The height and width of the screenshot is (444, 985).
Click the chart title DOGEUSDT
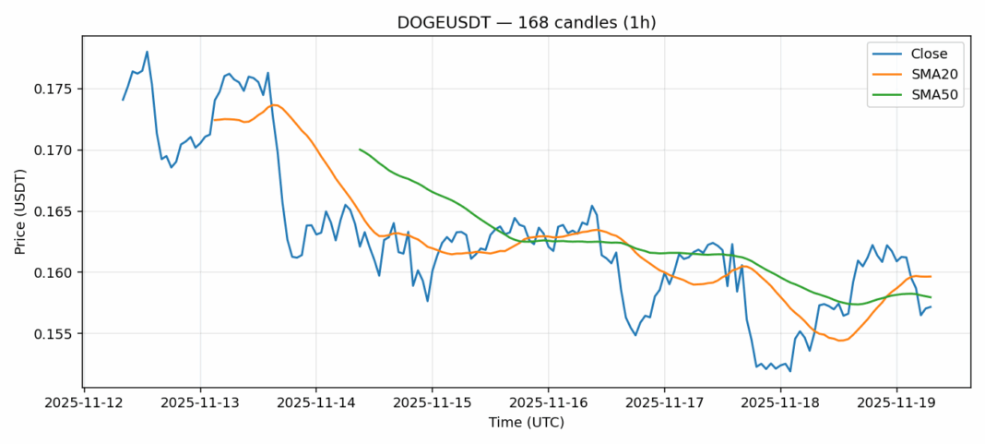coord(527,22)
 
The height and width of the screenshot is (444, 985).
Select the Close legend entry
coord(922,54)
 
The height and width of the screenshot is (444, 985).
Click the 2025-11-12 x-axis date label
coord(84,402)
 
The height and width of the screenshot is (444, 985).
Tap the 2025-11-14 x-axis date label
coord(315,402)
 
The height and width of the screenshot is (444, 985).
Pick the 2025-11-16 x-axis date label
coord(548,402)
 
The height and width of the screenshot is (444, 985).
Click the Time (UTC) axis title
coord(527,422)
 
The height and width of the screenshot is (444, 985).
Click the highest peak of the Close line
coord(148,52)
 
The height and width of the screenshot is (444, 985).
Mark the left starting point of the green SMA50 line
coord(360,149)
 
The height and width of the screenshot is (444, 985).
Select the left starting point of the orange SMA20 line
coord(215,120)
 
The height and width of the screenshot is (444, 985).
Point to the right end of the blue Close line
coord(931,306)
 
